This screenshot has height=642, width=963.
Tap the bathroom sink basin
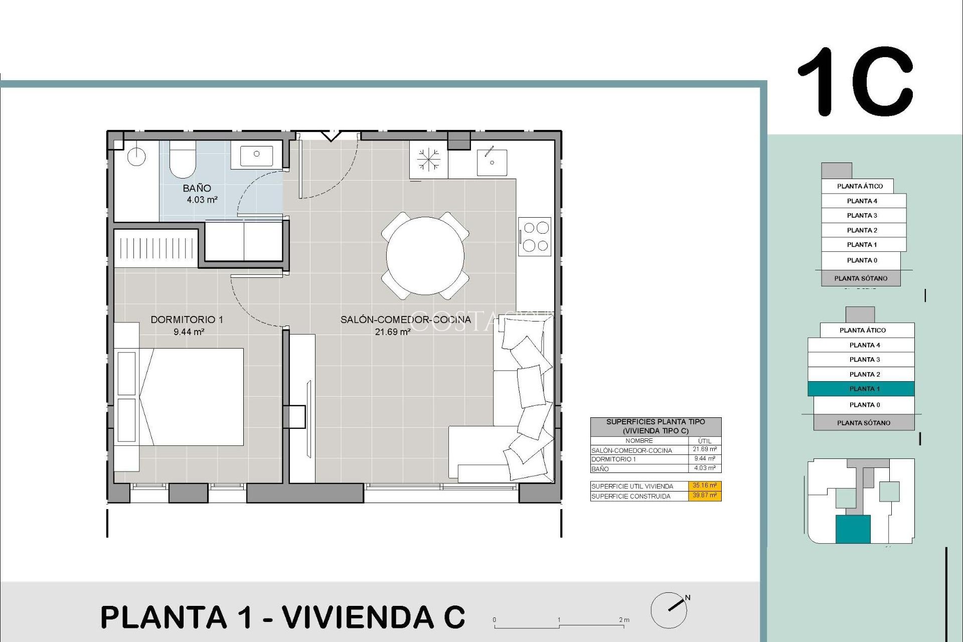[256, 155]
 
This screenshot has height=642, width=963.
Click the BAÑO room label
[197, 189]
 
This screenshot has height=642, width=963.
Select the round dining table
[425, 256]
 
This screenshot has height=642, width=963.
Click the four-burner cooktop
[535, 236]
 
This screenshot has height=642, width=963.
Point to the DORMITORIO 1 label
[187, 319]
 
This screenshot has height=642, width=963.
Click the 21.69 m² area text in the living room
[393, 332]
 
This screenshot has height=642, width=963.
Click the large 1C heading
[855, 81]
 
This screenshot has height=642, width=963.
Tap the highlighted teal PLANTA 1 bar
[861, 389]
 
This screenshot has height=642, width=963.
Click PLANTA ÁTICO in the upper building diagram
[859, 186]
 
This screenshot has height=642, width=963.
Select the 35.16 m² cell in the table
[704, 486]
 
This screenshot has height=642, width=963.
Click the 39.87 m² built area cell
[704, 496]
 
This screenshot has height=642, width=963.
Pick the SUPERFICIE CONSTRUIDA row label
[630, 496]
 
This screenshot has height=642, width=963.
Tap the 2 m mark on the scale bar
[623, 620]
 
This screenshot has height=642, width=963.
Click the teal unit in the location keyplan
[852, 530]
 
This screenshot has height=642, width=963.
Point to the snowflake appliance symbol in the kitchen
[428, 160]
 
